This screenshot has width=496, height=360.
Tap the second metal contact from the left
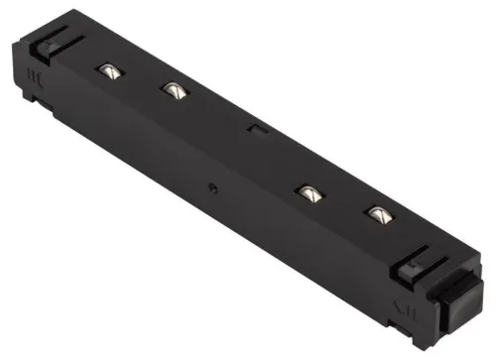[174, 90]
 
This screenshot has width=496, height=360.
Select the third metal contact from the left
[309, 190]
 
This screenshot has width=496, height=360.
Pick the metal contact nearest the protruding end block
[377, 212]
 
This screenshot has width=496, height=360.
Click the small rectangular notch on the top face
[254, 128]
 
